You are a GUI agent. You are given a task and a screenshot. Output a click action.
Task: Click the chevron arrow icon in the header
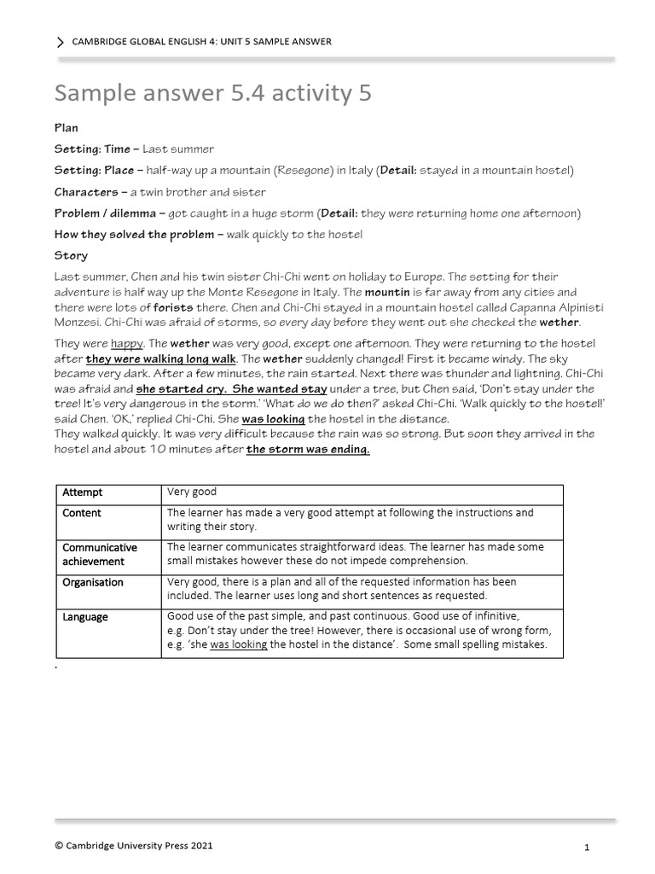60,42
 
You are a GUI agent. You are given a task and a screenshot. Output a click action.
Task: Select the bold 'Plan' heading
67,127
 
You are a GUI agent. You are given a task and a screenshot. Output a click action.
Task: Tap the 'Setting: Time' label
92,149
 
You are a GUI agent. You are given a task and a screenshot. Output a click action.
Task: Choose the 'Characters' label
86,191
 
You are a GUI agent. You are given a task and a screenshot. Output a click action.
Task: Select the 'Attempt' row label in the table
82,492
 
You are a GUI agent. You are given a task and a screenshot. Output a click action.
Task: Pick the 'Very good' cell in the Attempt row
192,492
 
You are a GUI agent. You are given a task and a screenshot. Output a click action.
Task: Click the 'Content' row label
81,513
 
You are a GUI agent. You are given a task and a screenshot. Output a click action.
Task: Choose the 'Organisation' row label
92,582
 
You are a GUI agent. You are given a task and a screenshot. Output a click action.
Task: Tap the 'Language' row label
85,617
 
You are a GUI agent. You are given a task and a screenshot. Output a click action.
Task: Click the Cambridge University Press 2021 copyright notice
134,846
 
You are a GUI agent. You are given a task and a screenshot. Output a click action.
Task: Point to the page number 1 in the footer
588,848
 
